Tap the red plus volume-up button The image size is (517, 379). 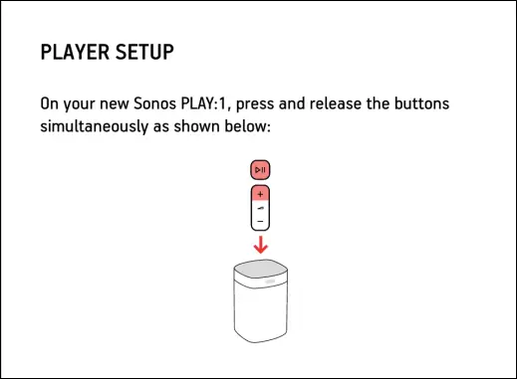point(260,193)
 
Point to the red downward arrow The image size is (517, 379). point(260,245)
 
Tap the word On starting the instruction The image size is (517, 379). point(50,103)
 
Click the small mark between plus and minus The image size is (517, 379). point(260,209)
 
